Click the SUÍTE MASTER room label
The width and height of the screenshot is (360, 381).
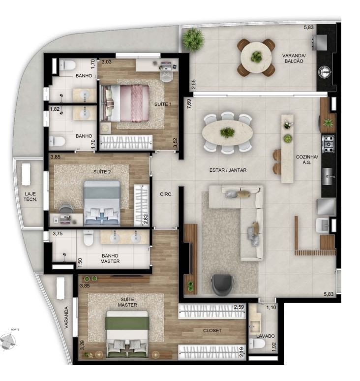(x=127, y=302)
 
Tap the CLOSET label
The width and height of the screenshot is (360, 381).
(x=212, y=330)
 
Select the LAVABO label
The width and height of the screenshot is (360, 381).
(x=266, y=336)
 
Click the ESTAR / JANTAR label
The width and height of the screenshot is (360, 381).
(x=228, y=170)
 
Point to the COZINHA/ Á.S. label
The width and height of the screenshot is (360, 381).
(x=307, y=159)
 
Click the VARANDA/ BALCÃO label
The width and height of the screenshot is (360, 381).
(x=294, y=58)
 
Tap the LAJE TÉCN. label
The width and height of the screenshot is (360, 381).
(x=30, y=196)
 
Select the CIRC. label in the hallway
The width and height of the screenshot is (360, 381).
(x=166, y=194)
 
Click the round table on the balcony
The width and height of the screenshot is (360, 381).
(x=256, y=58)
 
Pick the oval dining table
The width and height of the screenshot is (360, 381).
(x=227, y=133)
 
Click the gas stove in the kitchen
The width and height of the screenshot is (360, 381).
(x=328, y=144)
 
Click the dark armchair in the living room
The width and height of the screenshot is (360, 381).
(x=222, y=285)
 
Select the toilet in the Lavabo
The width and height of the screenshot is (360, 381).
(x=257, y=344)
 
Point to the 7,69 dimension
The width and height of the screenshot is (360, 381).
(x=189, y=103)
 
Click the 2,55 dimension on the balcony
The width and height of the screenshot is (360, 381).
(x=193, y=84)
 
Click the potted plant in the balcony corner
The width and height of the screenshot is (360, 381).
(x=193, y=39)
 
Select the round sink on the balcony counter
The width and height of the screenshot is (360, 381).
(x=325, y=72)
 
